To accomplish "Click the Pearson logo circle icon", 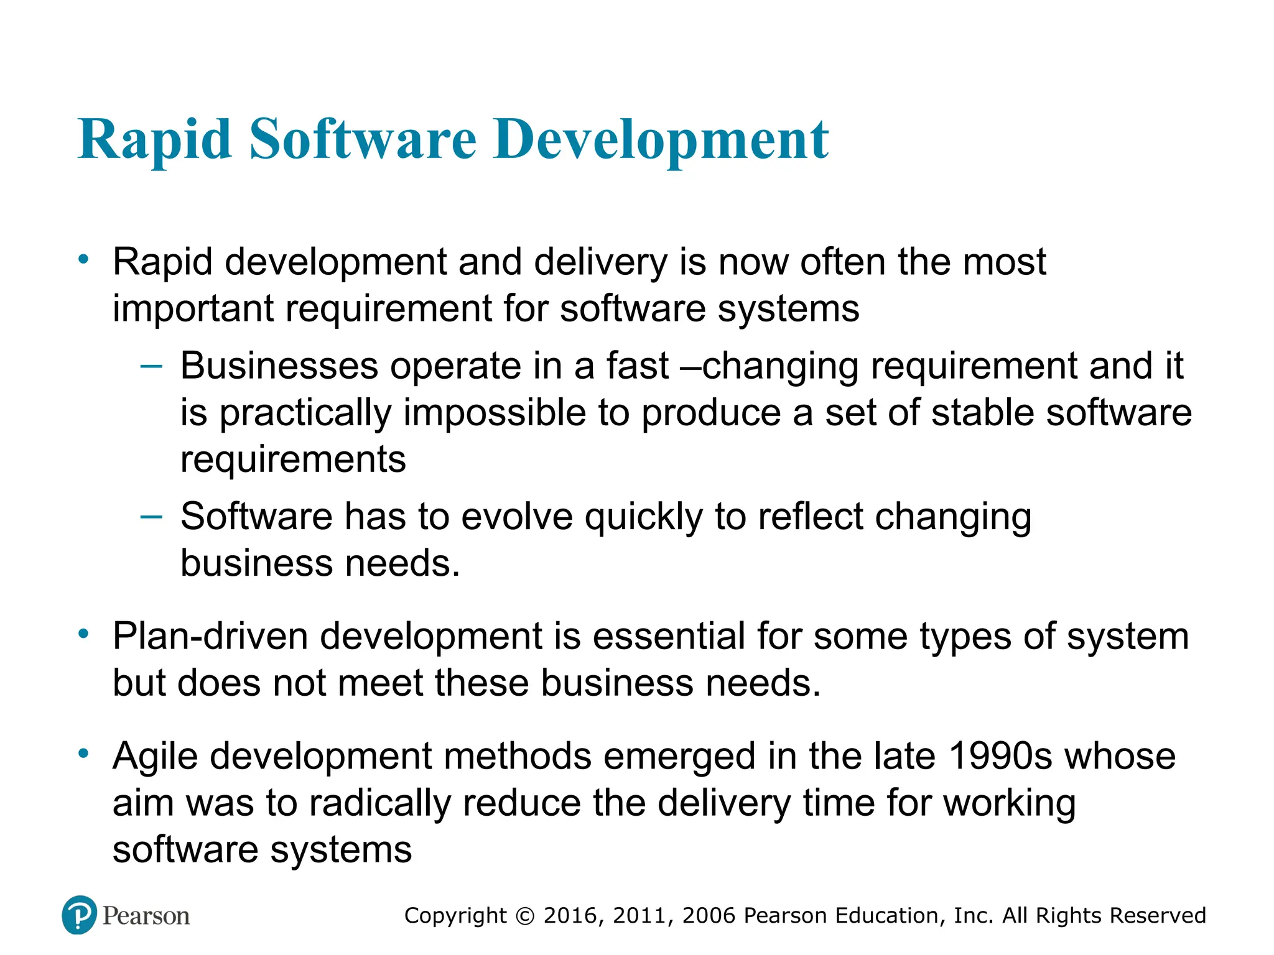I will point(80,915).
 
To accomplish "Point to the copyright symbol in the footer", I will point(525,916).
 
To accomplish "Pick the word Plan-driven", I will point(210,637).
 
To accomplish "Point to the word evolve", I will point(517,516).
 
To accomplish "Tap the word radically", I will point(379,803).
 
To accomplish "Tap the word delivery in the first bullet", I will point(600,262).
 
